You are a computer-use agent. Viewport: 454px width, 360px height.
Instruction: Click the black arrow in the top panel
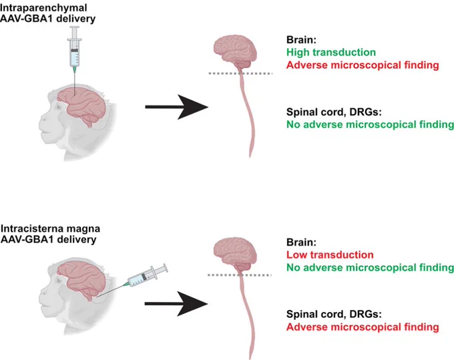coord(176,107)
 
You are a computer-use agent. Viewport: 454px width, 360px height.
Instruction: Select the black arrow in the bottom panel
coord(176,303)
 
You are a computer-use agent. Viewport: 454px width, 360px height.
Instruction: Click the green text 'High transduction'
coord(331,52)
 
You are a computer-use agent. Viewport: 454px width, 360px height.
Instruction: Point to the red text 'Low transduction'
coord(330,255)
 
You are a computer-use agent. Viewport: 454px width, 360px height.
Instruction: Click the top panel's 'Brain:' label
coord(301,39)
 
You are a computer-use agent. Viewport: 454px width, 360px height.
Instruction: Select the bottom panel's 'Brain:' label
coord(301,242)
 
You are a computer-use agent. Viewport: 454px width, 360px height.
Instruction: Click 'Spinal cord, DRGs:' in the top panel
coord(334,112)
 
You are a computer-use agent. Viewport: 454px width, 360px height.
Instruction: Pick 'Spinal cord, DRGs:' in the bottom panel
coord(334,314)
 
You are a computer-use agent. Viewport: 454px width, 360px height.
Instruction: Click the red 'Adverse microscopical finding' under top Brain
coord(363,65)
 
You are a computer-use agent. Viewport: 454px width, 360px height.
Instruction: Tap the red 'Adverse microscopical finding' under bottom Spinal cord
coord(363,327)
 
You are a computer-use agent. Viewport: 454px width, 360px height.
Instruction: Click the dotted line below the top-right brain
coord(240,73)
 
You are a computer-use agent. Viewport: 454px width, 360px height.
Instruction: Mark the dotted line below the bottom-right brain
coord(240,275)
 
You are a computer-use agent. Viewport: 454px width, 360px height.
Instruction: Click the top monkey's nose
coord(41,120)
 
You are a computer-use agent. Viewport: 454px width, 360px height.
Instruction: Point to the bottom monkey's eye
coord(59,281)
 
